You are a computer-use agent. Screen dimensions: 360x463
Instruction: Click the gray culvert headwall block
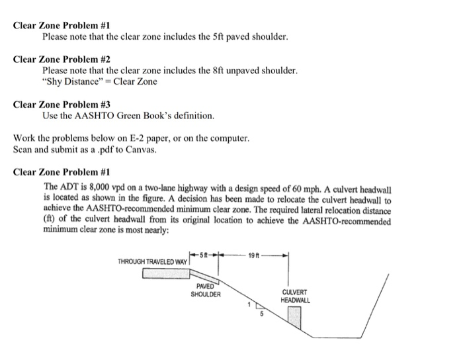click(294, 318)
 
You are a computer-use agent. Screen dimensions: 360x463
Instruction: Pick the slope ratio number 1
click(249, 304)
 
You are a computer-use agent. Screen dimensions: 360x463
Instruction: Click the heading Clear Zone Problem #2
click(62, 58)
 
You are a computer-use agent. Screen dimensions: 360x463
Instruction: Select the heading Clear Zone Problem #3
click(62, 105)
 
